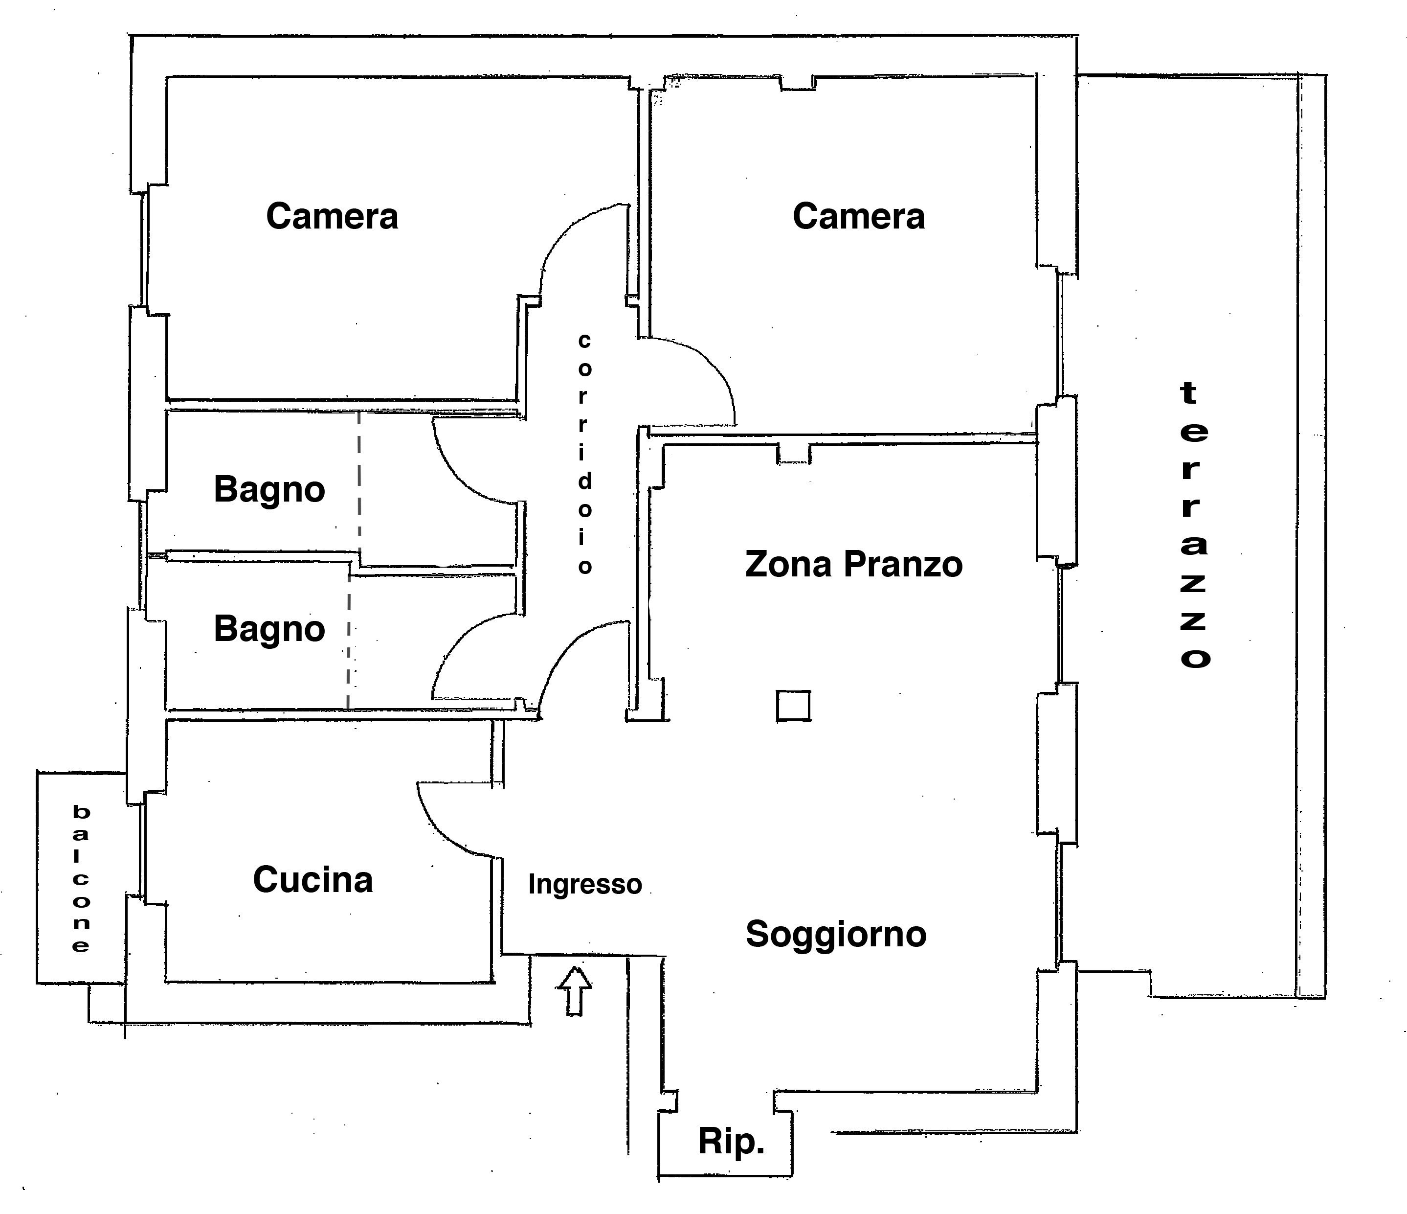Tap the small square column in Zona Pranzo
793,705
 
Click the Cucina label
313,880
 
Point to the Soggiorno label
836,935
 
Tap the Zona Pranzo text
853,565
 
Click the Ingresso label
585,885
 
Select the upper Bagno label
269,490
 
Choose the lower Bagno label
269,630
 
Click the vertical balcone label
81,878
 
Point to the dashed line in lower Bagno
349,642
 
